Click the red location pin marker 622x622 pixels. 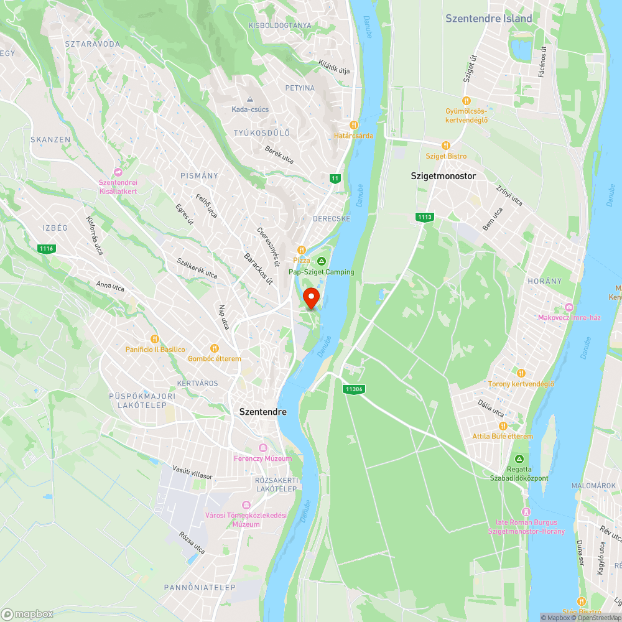point(311,297)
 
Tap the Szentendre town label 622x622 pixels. point(263,412)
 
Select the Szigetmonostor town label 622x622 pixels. point(443,176)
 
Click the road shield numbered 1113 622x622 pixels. point(425,216)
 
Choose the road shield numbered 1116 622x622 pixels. point(46,249)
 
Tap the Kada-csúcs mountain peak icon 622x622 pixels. point(250,100)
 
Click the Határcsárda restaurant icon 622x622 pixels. point(353,124)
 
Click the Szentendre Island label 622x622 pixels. point(489,19)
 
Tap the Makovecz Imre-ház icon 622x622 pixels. point(569,307)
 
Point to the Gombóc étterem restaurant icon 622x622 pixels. point(215,348)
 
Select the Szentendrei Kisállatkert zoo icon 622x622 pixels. point(118,172)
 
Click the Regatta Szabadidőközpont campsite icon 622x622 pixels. point(510,458)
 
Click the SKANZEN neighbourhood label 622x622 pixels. point(50,140)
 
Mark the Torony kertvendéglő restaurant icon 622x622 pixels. point(521,373)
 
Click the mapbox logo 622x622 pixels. point(27,615)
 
